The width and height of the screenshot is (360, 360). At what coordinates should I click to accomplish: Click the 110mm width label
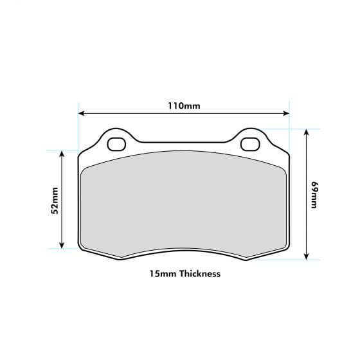183,105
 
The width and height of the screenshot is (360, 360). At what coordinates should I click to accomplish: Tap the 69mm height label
314,194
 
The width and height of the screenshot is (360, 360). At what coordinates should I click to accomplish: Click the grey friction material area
183,206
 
